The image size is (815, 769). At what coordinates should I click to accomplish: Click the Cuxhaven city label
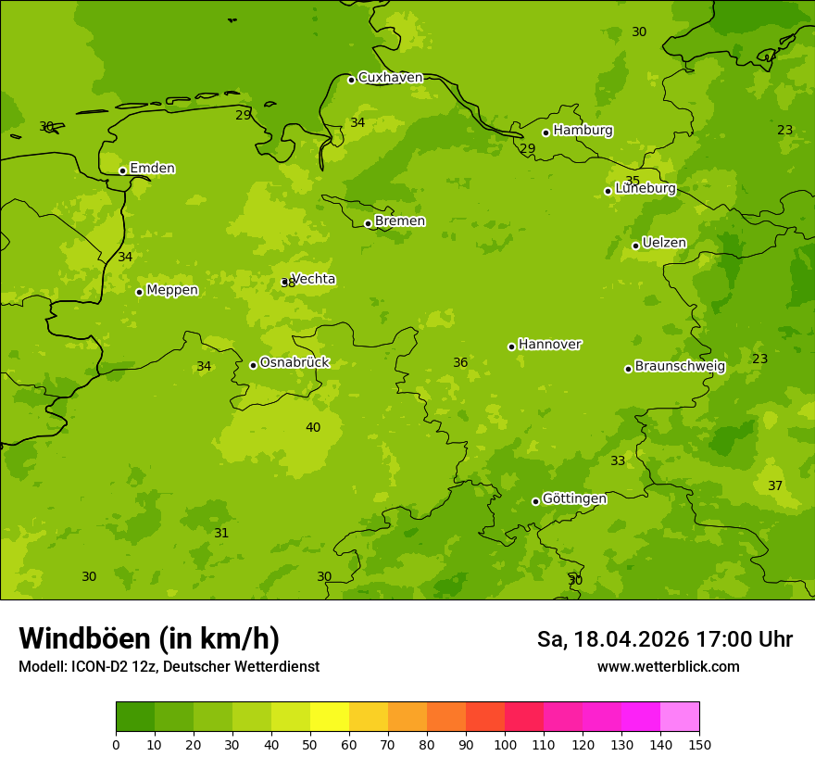[x=390, y=78]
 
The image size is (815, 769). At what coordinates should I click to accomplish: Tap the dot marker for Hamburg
[x=546, y=132]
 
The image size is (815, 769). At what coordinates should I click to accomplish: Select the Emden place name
[x=152, y=169]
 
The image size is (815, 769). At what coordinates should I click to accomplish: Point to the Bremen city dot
[x=368, y=223]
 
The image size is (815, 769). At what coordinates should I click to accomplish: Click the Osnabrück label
[x=295, y=363]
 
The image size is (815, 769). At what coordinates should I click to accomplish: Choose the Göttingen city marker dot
[x=535, y=501]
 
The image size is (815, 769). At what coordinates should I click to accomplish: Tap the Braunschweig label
[x=680, y=367]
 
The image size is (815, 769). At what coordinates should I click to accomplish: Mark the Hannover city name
[x=549, y=345]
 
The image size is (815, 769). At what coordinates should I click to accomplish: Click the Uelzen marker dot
[x=635, y=246]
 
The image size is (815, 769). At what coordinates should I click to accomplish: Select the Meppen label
[x=172, y=291]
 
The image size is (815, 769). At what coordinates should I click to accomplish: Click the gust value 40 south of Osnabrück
[x=313, y=427]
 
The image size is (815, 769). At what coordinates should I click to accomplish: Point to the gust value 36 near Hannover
[x=460, y=362]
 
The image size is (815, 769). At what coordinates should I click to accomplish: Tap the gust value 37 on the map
[x=775, y=485]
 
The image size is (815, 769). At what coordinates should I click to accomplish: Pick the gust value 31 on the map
[x=221, y=533]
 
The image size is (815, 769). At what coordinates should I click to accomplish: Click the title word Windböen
[x=84, y=638]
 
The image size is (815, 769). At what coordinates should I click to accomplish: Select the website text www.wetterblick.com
[x=668, y=667]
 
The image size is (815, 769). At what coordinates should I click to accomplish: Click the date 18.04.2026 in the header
[x=626, y=639]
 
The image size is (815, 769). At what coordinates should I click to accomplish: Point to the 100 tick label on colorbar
[x=505, y=744]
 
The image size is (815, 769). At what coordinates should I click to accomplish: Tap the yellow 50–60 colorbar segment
[x=330, y=717]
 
